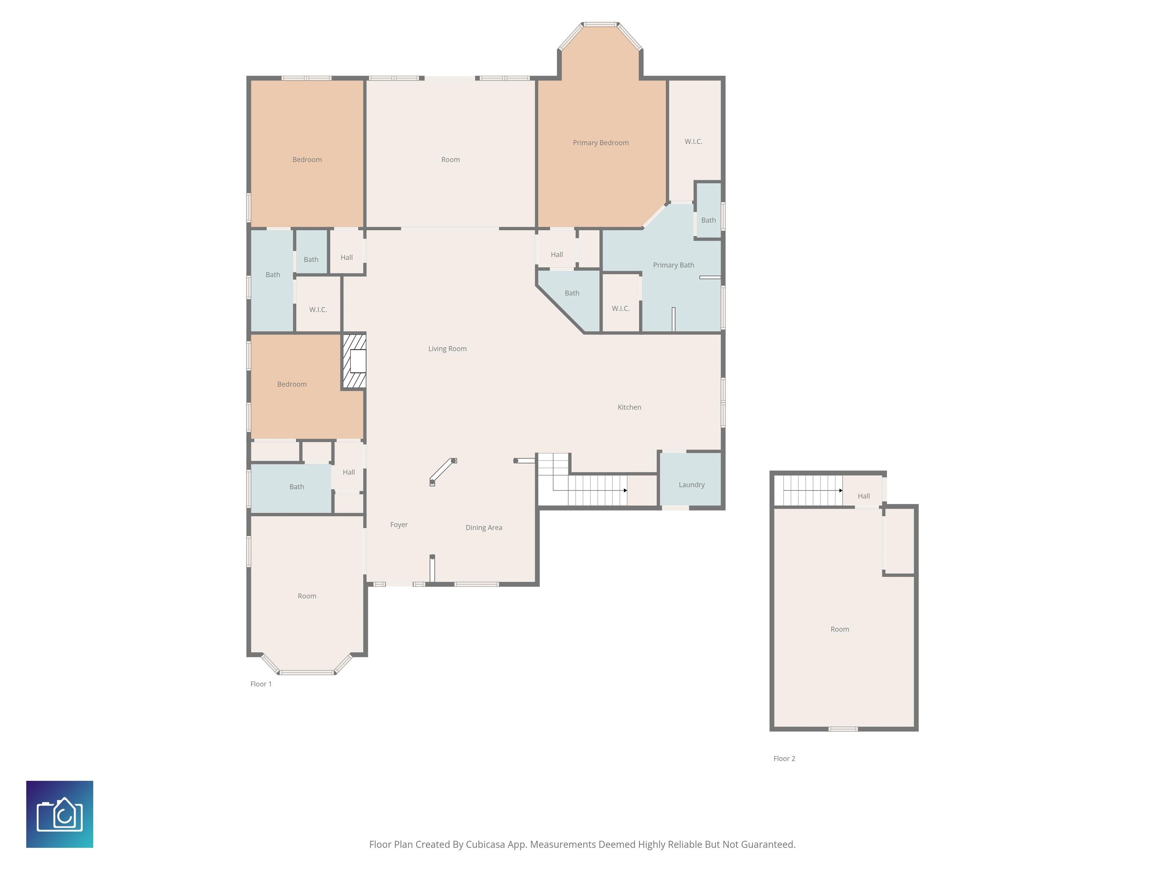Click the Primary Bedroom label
coord(600,143)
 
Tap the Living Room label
coord(447,349)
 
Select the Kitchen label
coord(630,407)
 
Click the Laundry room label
coord(691,485)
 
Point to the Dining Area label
coord(484,527)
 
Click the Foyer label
coord(399,525)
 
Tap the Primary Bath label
coord(673,265)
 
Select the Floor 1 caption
coord(261,684)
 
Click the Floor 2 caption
coord(784,759)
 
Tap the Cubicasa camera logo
coord(60,814)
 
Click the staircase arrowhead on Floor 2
coord(841,490)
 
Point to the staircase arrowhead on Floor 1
coord(625,490)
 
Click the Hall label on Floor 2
coord(864,496)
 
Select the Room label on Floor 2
coord(840,629)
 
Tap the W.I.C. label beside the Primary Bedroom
coord(693,142)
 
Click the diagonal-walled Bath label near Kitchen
coord(572,293)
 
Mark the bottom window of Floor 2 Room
coord(843,729)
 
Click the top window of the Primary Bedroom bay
coord(600,24)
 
